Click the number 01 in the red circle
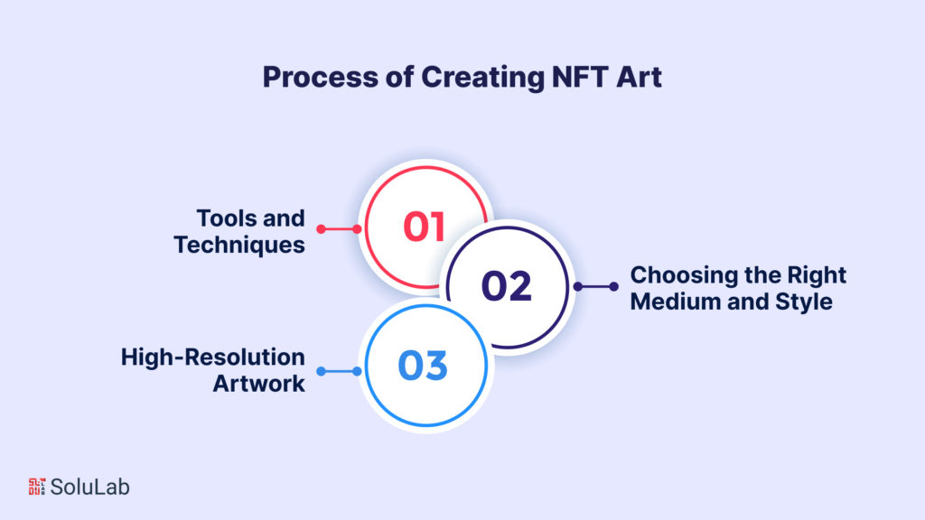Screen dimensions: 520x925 (424, 227)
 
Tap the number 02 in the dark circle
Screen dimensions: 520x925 (506, 286)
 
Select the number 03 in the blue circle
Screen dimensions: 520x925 (423, 367)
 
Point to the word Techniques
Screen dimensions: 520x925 (239, 245)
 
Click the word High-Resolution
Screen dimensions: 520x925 (213, 357)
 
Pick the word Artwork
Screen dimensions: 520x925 (258, 383)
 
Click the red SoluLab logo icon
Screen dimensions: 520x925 (37, 487)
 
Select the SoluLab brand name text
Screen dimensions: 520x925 (90, 487)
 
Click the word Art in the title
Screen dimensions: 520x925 (635, 78)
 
